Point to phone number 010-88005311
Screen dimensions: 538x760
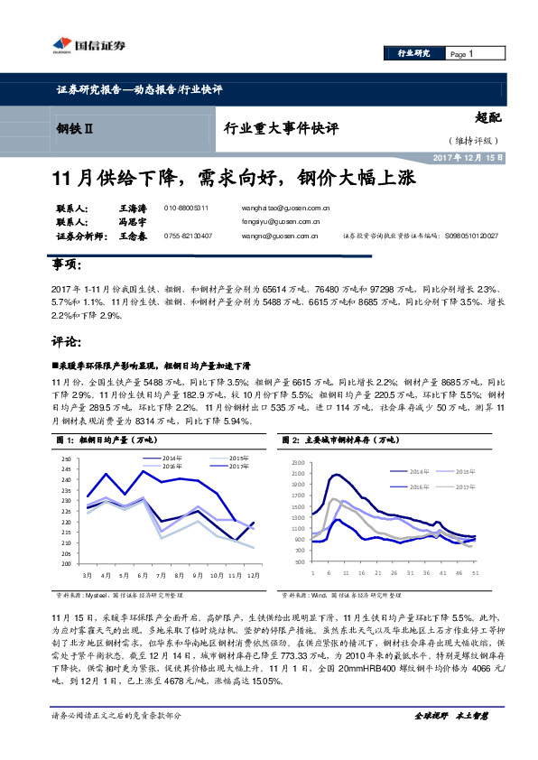coord(186,208)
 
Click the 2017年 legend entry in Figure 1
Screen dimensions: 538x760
coord(238,466)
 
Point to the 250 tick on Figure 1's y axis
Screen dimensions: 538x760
coord(66,460)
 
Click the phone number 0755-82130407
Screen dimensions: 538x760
coord(188,236)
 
